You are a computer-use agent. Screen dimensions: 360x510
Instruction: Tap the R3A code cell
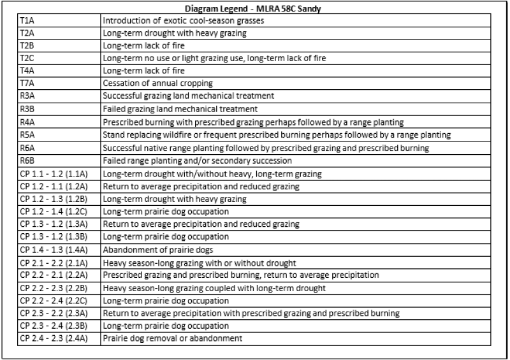(27, 96)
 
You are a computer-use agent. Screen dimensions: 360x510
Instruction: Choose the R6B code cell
(27, 161)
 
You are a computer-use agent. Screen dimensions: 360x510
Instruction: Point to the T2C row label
(27, 59)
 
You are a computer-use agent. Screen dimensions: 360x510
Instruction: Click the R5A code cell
(27, 135)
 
